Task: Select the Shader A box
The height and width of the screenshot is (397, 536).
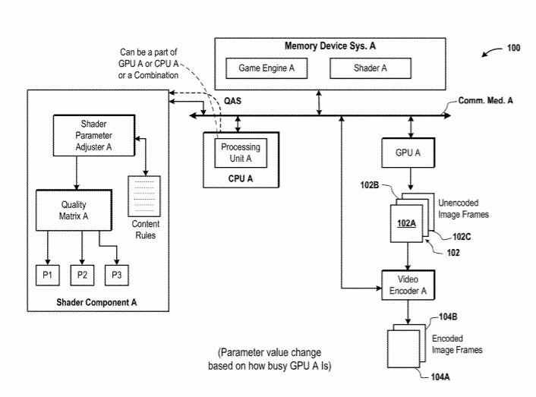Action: [x=370, y=68]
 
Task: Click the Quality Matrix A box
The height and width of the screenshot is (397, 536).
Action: [x=74, y=210]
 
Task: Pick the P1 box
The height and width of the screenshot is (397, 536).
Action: [x=46, y=274]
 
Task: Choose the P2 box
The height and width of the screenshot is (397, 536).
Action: [x=81, y=274]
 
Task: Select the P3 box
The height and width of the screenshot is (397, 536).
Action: [x=116, y=274]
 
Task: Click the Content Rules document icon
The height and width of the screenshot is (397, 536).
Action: [x=145, y=196]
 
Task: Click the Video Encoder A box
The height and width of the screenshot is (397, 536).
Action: [x=408, y=285]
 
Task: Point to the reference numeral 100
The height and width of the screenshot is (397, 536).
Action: [x=513, y=48]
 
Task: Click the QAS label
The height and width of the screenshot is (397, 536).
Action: [x=233, y=100]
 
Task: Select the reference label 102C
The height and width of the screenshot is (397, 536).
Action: [x=462, y=236]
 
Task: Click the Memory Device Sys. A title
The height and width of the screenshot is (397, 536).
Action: [x=329, y=46]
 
